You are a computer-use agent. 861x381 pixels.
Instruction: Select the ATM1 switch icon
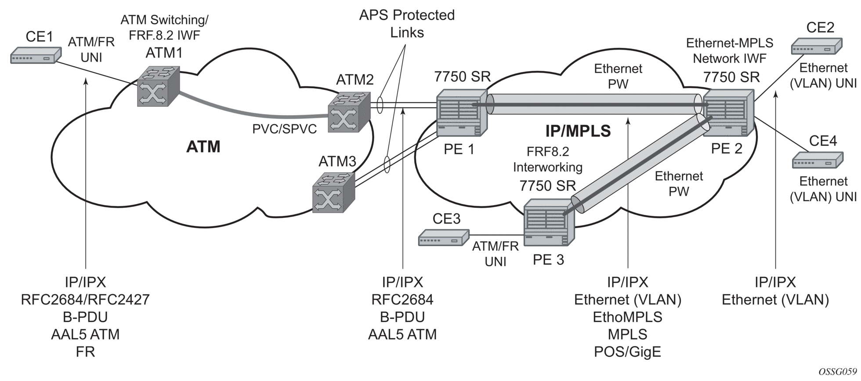click(158, 86)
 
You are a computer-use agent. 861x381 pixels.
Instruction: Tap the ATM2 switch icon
click(350, 111)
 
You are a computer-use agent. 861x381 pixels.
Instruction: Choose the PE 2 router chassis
click(728, 113)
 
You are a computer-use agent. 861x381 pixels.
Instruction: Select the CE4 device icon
click(818, 160)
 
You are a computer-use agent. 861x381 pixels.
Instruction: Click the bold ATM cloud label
click(203, 147)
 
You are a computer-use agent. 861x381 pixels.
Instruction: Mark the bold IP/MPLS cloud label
click(578, 131)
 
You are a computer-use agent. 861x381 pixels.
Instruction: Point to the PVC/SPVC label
click(284, 129)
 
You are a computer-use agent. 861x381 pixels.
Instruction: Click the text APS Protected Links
click(407, 24)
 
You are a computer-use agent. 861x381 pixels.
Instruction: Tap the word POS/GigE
click(627, 352)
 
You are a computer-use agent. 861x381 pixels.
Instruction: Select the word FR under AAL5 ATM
click(85, 352)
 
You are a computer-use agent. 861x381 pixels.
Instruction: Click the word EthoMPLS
click(627, 317)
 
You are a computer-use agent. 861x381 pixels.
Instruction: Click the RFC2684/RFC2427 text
click(85, 299)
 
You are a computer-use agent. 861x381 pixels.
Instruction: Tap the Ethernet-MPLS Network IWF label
click(729, 50)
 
